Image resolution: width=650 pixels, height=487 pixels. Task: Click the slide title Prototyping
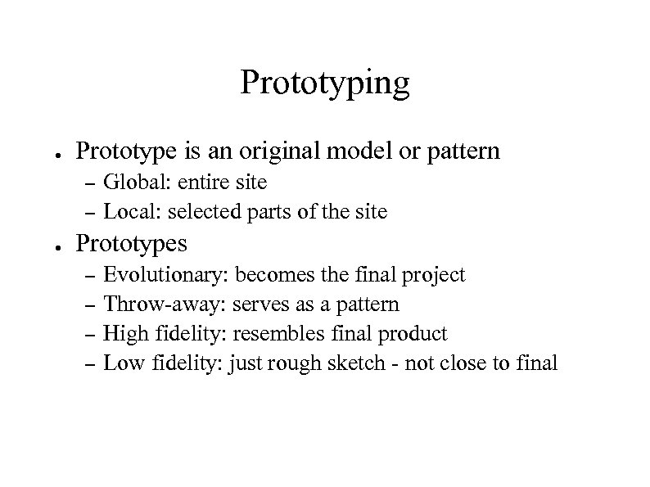[x=324, y=84]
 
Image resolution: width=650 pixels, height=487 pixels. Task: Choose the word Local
[x=130, y=212]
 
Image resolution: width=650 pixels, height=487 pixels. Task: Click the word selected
[x=199, y=212]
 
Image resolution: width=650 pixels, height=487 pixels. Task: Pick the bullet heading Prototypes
[x=131, y=244]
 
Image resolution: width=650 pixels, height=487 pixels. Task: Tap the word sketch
[x=357, y=363]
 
